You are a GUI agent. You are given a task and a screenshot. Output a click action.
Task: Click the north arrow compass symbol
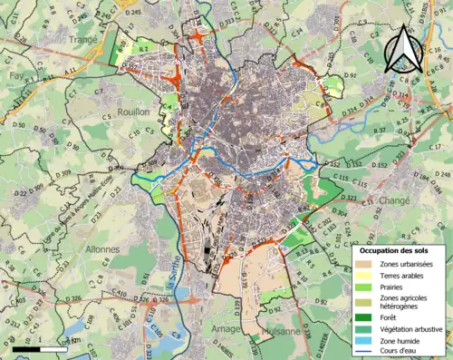(x=401, y=50)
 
